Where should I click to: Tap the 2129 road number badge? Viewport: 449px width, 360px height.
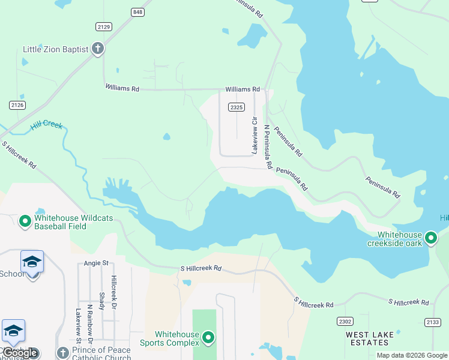click(103, 26)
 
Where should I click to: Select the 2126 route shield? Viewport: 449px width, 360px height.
click(17, 105)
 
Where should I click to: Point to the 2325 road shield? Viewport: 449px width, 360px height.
click(236, 107)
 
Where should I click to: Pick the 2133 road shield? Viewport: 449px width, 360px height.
click(433, 322)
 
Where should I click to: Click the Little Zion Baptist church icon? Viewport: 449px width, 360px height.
click(98, 49)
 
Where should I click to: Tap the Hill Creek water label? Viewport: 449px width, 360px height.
click(46, 127)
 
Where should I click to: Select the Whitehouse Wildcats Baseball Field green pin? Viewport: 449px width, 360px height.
click(25, 222)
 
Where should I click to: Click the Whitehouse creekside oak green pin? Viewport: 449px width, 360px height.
click(430, 239)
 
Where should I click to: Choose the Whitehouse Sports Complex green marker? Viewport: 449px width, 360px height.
click(208, 338)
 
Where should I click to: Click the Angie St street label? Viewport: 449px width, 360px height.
click(96, 263)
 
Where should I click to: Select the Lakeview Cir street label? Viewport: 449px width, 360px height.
click(254, 138)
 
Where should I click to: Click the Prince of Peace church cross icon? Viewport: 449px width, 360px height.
click(62, 353)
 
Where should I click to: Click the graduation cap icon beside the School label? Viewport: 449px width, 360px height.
click(32, 262)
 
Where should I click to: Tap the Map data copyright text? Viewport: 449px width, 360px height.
click(412, 355)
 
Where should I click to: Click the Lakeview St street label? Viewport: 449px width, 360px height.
click(78, 323)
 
